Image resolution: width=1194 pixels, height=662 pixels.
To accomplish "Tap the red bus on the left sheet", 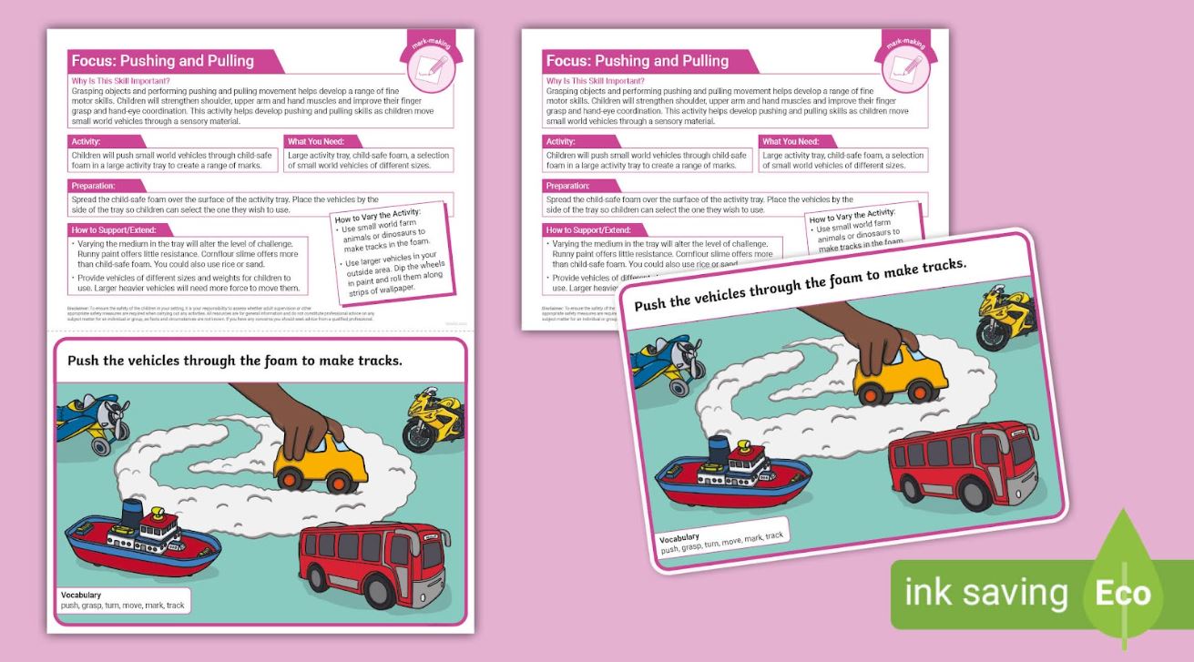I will tap(362, 565).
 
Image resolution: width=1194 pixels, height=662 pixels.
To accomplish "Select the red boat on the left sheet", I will tap(141, 545).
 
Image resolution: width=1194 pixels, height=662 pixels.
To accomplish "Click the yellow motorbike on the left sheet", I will tap(434, 422).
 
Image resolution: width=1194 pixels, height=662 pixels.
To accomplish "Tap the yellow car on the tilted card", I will tap(896, 374).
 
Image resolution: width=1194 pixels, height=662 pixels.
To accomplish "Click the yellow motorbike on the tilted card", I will tap(1007, 315).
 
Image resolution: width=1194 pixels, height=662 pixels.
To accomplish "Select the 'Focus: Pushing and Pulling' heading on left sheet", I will tap(163, 61).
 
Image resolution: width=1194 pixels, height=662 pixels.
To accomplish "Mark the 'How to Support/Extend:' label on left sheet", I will tap(115, 229).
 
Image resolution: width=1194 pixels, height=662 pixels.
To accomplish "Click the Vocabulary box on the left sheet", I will tap(123, 600).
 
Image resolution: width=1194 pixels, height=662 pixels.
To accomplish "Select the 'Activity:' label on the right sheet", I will tap(566, 141).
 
